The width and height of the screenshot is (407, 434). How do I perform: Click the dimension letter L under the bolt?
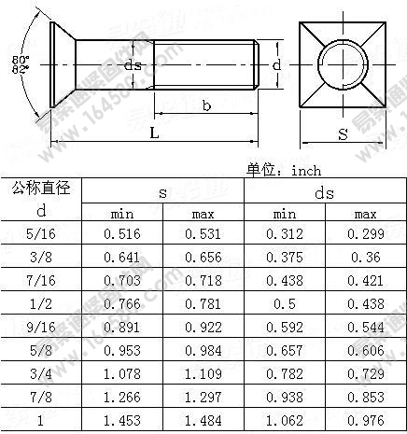[153, 133]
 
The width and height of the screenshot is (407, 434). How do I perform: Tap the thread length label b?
[206, 105]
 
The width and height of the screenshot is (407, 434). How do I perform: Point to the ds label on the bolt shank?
[133, 65]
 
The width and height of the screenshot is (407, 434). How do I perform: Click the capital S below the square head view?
[343, 134]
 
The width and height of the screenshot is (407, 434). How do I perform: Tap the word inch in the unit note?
[305, 170]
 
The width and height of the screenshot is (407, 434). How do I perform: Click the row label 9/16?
[41, 328]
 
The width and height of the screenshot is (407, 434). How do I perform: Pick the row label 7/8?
[41, 398]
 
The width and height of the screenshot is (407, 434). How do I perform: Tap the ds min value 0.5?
[284, 304]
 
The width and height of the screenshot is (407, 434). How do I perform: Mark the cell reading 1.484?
[203, 421]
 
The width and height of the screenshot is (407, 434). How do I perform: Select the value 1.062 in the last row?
[284, 421]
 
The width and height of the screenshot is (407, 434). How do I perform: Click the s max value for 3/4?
[203, 374]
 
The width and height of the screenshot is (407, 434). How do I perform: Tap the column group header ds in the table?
[324, 192]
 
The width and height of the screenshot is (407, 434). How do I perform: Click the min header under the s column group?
[122, 214]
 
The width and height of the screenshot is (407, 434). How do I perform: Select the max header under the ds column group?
[365, 214]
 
